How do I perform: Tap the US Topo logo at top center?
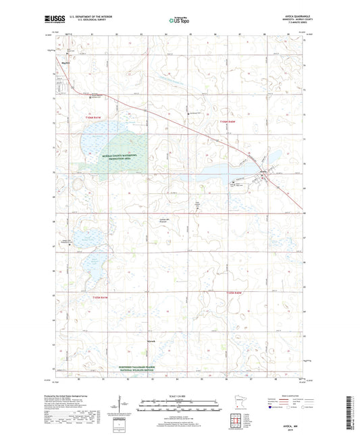[179, 21]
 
